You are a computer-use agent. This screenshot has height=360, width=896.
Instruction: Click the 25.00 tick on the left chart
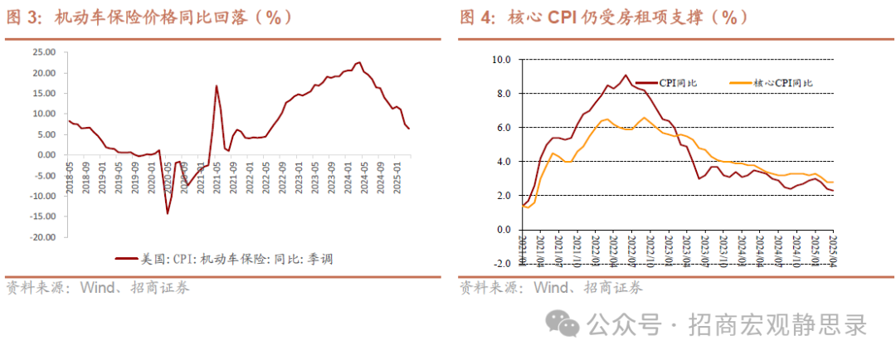43,52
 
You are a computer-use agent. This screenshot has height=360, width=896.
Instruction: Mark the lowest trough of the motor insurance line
168,213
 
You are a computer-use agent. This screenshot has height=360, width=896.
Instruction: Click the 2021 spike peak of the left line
217,85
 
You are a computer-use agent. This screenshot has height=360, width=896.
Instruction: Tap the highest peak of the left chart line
359,62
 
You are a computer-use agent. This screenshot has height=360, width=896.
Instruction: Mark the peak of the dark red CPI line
626,75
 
